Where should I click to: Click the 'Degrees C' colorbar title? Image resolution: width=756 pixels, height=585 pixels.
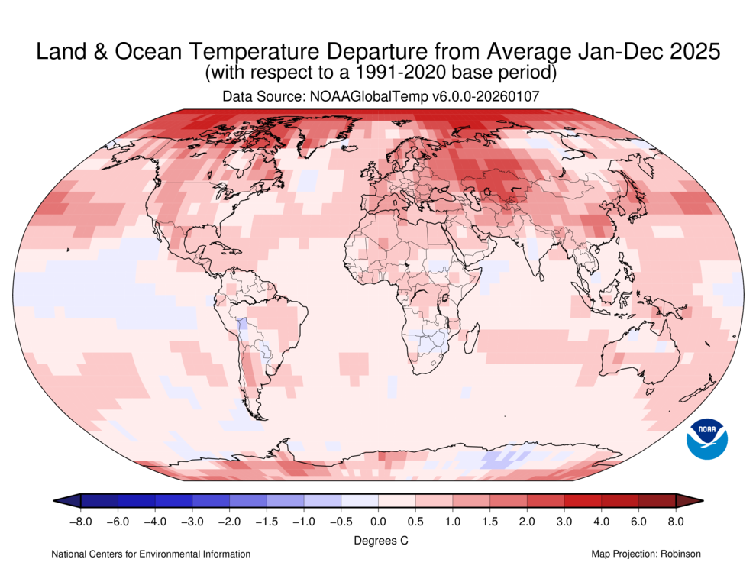tap(378, 540)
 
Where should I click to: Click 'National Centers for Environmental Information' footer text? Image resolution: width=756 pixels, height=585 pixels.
tap(150, 554)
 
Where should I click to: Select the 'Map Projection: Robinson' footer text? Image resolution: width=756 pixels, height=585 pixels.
tap(645, 554)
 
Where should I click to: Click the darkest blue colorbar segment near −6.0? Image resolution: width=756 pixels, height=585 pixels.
tap(118, 501)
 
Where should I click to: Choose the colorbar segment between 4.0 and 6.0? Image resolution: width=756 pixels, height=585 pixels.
tap(619, 501)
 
